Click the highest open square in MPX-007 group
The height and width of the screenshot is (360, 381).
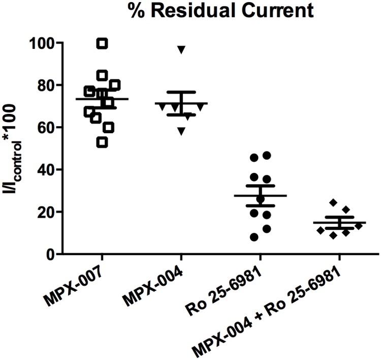click(102, 44)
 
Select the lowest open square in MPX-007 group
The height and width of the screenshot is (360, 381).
click(102, 142)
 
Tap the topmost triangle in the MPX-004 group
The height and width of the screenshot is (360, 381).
click(181, 49)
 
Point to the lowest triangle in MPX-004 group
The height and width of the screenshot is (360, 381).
click(181, 132)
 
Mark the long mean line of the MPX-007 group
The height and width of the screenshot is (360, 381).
click(102, 99)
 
